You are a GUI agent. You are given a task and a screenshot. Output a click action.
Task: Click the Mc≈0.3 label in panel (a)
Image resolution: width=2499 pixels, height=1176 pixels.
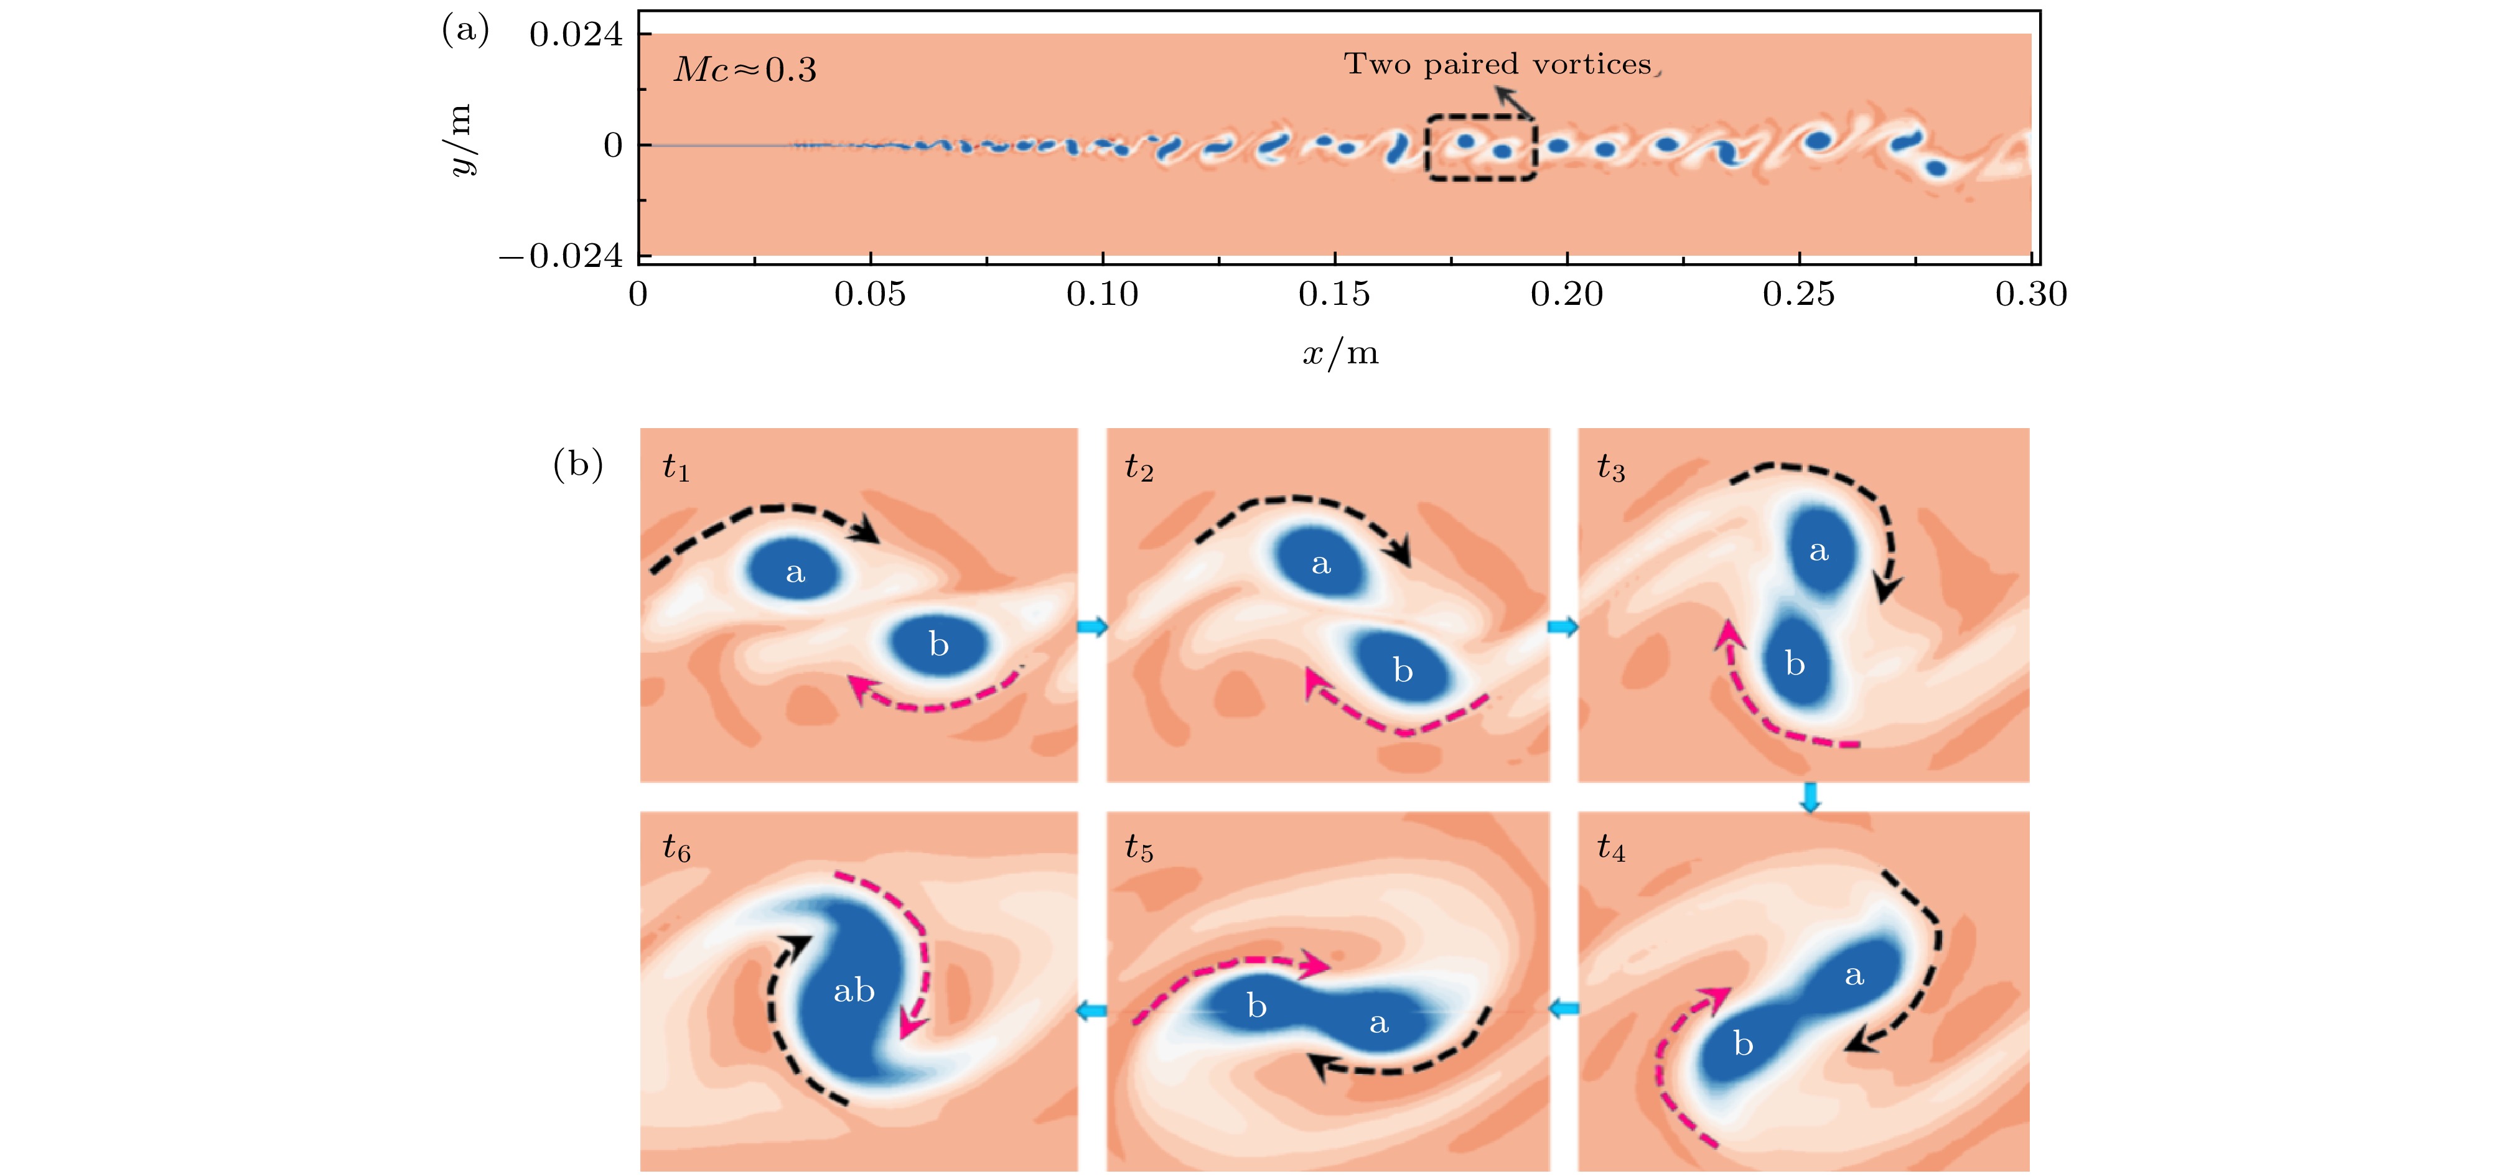click(x=745, y=70)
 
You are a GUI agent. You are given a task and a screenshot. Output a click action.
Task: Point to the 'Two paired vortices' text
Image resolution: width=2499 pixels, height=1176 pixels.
click(x=1497, y=64)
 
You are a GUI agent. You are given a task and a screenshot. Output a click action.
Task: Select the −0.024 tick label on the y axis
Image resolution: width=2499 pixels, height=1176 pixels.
click(x=561, y=256)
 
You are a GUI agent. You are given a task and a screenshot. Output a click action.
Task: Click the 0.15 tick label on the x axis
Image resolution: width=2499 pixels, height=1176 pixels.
click(x=1334, y=294)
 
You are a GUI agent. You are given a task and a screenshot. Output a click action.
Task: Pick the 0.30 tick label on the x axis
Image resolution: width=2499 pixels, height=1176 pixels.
click(x=2030, y=294)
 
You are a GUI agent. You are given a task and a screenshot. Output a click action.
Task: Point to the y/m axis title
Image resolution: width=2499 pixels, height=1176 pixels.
click(x=462, y=141)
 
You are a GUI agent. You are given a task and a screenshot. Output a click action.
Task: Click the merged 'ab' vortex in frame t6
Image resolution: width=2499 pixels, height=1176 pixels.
click(x=854, y=991)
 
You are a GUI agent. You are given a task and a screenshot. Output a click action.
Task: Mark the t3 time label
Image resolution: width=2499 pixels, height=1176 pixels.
click(x=1610, y=468)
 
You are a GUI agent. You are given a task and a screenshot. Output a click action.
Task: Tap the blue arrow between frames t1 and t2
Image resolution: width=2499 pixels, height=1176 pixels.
click(x=1092, y=627)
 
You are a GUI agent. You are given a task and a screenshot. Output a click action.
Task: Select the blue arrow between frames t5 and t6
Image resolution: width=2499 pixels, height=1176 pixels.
click(x=1092, y=1011)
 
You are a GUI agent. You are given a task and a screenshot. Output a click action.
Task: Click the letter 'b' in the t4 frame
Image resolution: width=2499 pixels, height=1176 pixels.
click(x=1744, y=1044)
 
